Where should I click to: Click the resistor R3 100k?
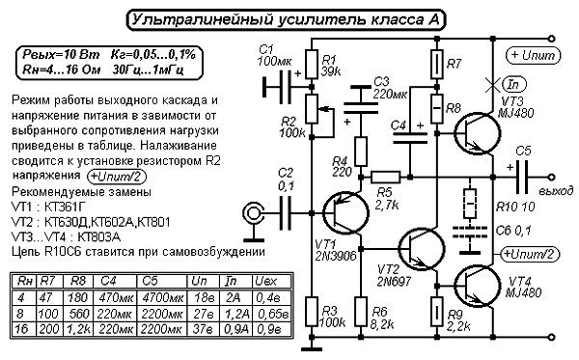[311, 314]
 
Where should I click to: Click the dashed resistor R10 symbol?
[470, 204]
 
